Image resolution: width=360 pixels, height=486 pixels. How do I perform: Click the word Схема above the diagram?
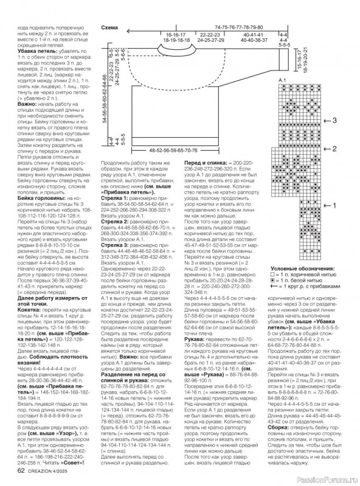tap(110, 28)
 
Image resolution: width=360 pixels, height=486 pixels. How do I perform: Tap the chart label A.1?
tap(282, 80)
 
